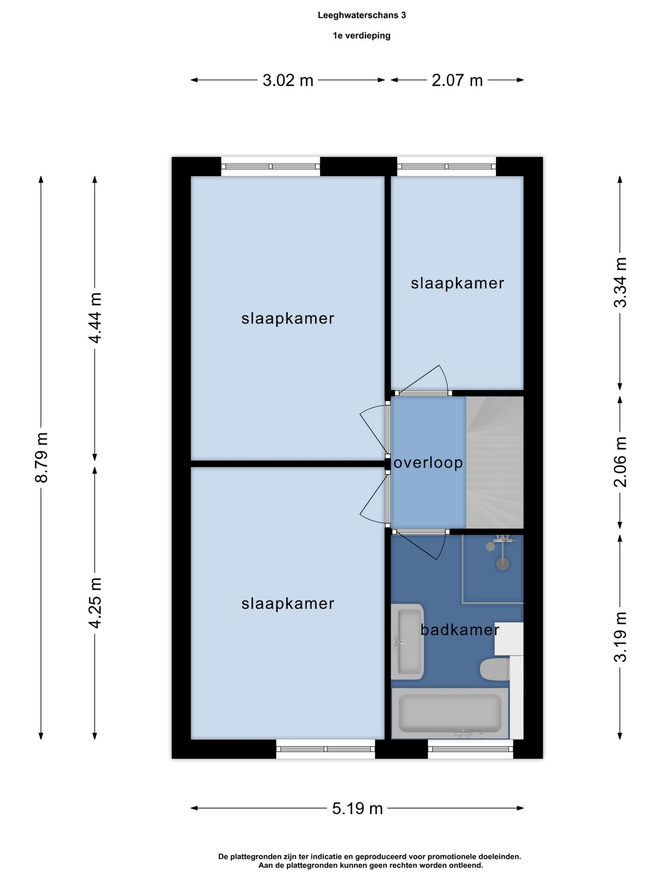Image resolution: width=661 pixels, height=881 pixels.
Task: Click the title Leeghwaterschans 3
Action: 361,15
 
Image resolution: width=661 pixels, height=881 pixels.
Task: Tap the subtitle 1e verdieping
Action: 361,36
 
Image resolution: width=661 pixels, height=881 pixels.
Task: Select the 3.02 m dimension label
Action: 288,80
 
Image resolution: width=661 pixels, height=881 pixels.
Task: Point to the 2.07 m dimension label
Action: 457,80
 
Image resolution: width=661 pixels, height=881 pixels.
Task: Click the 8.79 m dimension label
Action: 41,457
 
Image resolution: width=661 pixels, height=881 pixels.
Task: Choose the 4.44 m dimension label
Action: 95,318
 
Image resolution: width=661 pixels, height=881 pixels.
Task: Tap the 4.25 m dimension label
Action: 95,603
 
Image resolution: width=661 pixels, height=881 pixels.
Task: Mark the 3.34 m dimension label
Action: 620,282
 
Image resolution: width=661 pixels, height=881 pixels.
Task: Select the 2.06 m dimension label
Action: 620,462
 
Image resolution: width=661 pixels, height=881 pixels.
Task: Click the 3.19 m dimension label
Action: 620,637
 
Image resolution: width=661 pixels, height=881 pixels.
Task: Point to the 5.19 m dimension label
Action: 357,809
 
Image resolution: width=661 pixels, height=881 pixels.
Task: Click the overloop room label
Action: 428,463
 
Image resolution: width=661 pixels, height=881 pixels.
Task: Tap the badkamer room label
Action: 460,630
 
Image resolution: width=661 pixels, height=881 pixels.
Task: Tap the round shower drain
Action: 502,564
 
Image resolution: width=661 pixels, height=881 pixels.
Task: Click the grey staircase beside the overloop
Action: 494,462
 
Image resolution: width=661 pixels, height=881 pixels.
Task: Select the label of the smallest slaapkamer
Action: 457,283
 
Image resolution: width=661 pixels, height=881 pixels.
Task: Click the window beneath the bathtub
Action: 471,749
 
